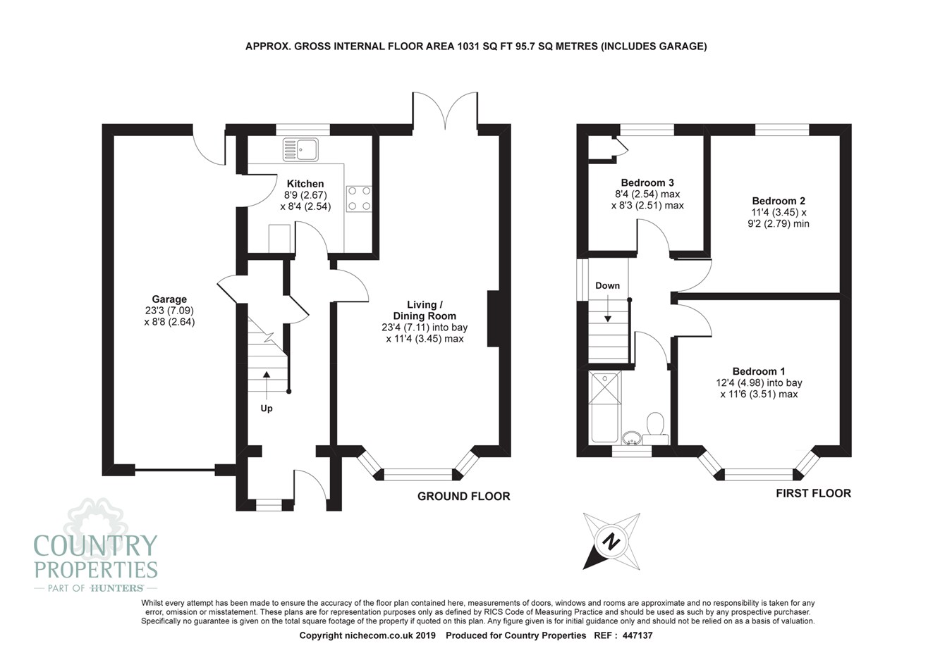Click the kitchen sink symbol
pos(300,150)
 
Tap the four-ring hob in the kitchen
pos(359,199)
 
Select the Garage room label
pos(169,299)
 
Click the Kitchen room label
pos(305,184)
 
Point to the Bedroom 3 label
pos(647,183)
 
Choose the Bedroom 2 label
pos(779,201)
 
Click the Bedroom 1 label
pos(759,371)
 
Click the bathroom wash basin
pos(632,437)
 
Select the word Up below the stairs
pos(267,409)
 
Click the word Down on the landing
pos(607,286)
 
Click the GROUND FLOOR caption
pos(464,497)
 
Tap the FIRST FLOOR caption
pos(814,493)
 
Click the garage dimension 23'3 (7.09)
pos(169,311)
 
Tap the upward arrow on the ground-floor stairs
pos(267,386)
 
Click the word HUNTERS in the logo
pos(117,588)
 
